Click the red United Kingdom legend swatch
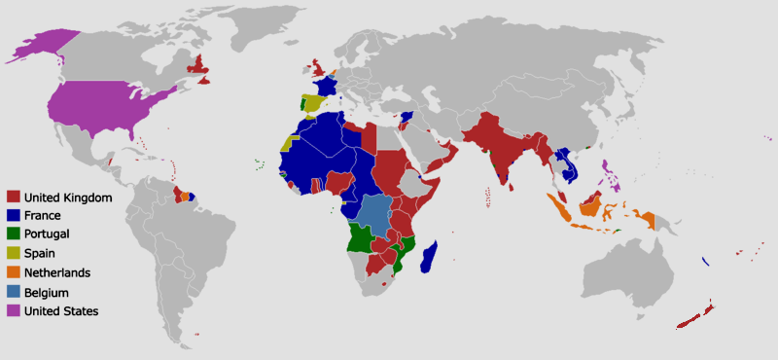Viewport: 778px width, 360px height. coord(14,198)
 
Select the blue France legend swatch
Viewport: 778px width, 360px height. coord(14,216)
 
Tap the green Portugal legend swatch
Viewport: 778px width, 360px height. coord(14,234)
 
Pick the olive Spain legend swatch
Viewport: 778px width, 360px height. coord(14,254)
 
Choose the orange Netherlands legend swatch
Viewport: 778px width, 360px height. coord(14,272)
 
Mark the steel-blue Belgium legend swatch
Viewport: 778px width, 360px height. coord(14,292)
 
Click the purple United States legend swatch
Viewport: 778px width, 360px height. coord(14,310)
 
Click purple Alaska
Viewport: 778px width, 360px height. coord(44,45)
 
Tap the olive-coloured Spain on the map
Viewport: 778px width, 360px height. coord(313,103)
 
